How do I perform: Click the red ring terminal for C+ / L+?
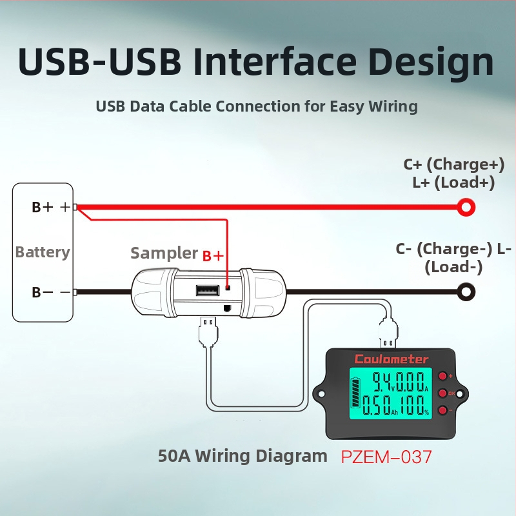[x=466, y=207]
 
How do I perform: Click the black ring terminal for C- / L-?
[x=466, y=292]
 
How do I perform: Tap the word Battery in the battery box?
[x=43, y=252]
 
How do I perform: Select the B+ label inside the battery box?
[x=43, y=207]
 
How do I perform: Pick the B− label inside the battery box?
[x=43, y=292]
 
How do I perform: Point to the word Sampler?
[x=164, y=253]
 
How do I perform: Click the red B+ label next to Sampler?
[x=213, y=256]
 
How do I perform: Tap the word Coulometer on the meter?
[x=392, y=359]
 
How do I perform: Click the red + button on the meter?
[x=443, y=376]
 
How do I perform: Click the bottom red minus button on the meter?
[x=442, y=410]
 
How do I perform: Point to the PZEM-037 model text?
[x=386, y=457]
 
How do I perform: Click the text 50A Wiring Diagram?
[x=243, y=456]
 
